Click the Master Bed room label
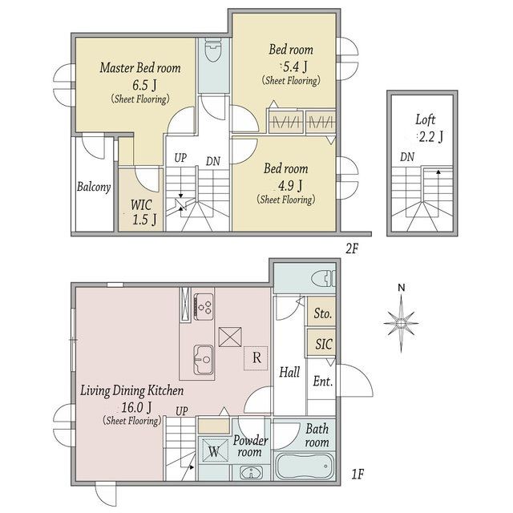140,67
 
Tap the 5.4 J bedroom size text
295,67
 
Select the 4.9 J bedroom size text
290,186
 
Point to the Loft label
426,119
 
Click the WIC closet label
141,205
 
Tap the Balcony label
94,187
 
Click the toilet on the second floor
213,50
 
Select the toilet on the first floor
323,279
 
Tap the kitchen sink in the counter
204,360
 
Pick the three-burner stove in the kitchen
204,306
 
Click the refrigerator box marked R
256,358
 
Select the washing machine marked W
214,450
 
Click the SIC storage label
324,344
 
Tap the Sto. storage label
323,313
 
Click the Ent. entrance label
322,382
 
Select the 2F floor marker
352,249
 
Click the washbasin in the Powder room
251,473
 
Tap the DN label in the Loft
407,157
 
